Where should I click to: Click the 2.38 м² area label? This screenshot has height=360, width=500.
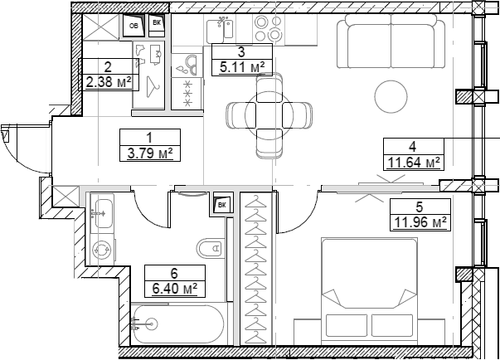pyautogui.click(x=108, y=82)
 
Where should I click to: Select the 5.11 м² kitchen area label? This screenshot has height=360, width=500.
pyautogui.click(x=239, y=66)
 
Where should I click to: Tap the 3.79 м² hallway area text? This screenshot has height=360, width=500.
pyautogui.click(x=149, y=153)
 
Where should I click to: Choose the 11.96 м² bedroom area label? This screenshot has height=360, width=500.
pyautogui.click(x=420, y=221)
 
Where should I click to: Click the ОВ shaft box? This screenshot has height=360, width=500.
pyautogui.click(x=134, y=26)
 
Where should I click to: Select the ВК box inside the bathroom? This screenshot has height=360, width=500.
pyautogui.click(x=221, y=203)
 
